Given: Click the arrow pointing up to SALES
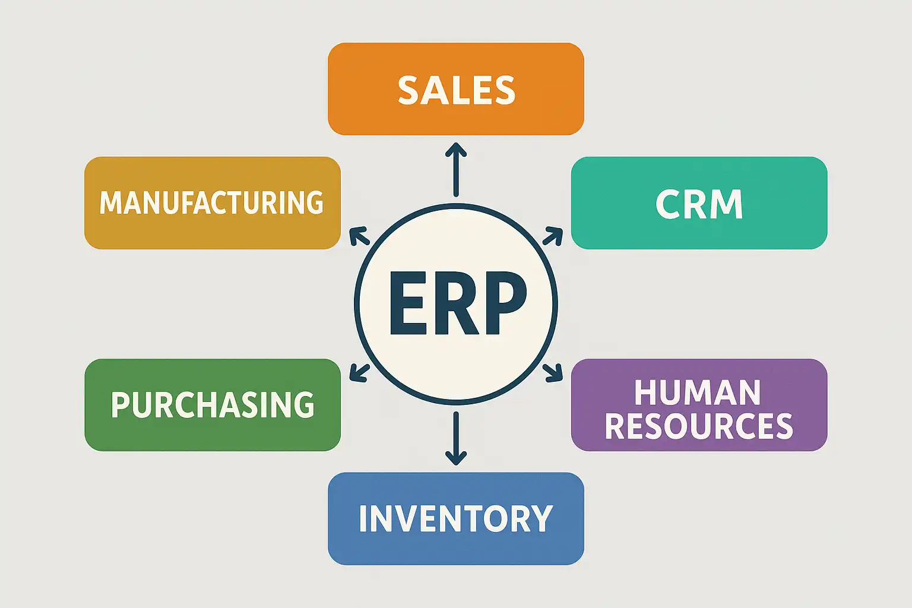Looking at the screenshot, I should click(456, 169).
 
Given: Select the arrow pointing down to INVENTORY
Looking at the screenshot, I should click(456, 438).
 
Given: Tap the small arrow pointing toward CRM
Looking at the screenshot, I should click(553, 236).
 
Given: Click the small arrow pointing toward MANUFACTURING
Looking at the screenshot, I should click(359, 236).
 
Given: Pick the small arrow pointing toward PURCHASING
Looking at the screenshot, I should click(359, 372).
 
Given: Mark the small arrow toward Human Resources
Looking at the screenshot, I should click(553, 372).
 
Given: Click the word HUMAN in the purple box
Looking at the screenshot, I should click(697, 392).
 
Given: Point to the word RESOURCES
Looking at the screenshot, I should click(699, 426).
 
